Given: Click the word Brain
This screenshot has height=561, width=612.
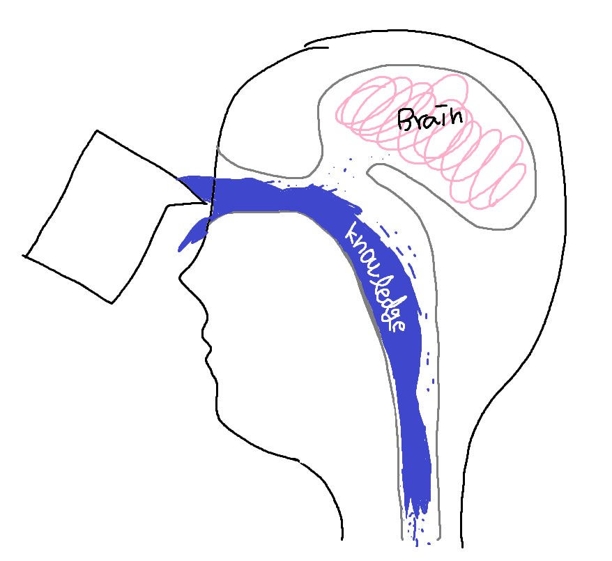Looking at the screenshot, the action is tap(430, 118).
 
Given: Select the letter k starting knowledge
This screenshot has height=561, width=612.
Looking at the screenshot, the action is tap(354, 233).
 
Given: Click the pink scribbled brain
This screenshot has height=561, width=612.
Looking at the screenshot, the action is tap(431, 141).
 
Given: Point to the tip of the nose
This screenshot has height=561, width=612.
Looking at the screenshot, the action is tap(180, 278).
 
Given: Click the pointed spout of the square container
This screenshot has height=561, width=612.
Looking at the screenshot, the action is tap(207, 203).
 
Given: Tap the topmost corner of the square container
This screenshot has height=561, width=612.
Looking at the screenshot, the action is tap(97, 131).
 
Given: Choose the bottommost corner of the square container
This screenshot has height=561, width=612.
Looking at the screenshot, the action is tap(112, 303).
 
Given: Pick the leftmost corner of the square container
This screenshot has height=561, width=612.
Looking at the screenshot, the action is tap(24, 256).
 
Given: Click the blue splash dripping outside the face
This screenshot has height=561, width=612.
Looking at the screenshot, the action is tap(192, 234).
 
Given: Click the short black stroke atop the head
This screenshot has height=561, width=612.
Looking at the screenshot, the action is tap(317, 47).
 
